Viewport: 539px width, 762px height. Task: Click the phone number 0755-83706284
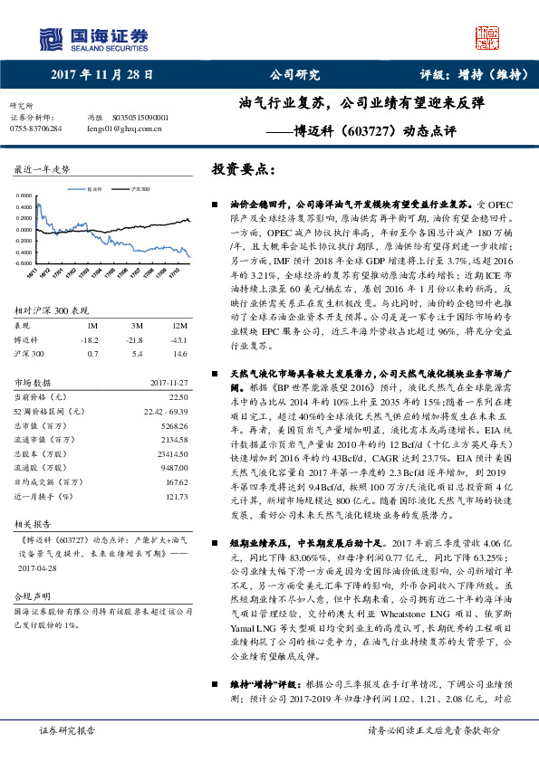point(36,129)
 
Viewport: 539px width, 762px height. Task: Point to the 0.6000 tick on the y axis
point(27,195)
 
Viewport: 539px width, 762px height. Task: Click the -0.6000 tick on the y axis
point(26,263)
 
